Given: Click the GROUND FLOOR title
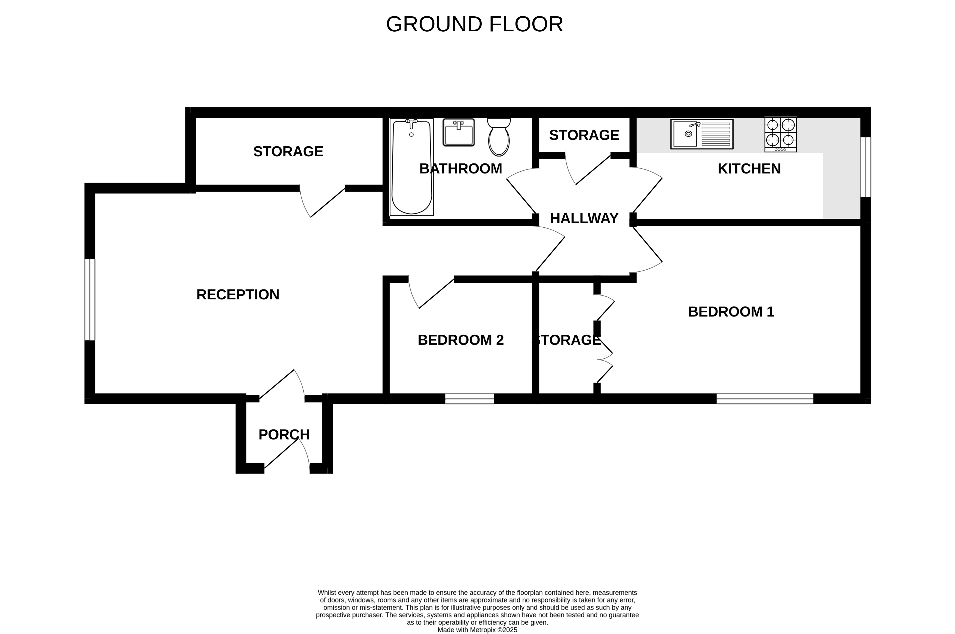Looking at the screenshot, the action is [x=474, y=24].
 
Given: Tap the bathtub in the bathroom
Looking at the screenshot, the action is [x=411, y=167].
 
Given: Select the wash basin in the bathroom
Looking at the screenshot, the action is [x=459, y=132].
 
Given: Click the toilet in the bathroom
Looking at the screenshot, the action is [x=499, y=137].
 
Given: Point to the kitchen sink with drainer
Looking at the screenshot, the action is [x=702, y=134].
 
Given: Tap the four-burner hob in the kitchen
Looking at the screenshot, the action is [x=780, y=135].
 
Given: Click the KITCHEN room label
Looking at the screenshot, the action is [x=749, y=169].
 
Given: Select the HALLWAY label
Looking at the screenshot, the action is [x=584, y=218].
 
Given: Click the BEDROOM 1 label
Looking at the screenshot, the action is [x=731, y=312].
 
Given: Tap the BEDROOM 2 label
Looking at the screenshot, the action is [x=460, y=340].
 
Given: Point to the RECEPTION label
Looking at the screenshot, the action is [x=238, y=295].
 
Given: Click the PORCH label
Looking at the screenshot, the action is [x=284, y=435].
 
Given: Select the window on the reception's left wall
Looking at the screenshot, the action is [x=90, y=300].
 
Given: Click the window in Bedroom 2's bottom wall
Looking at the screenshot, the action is [x=470, y=399].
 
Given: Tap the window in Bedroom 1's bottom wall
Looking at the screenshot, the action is [x=765, y=399].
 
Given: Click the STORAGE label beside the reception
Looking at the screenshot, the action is [x=288, y=152].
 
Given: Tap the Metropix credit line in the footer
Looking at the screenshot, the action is [x=477, y=630].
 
